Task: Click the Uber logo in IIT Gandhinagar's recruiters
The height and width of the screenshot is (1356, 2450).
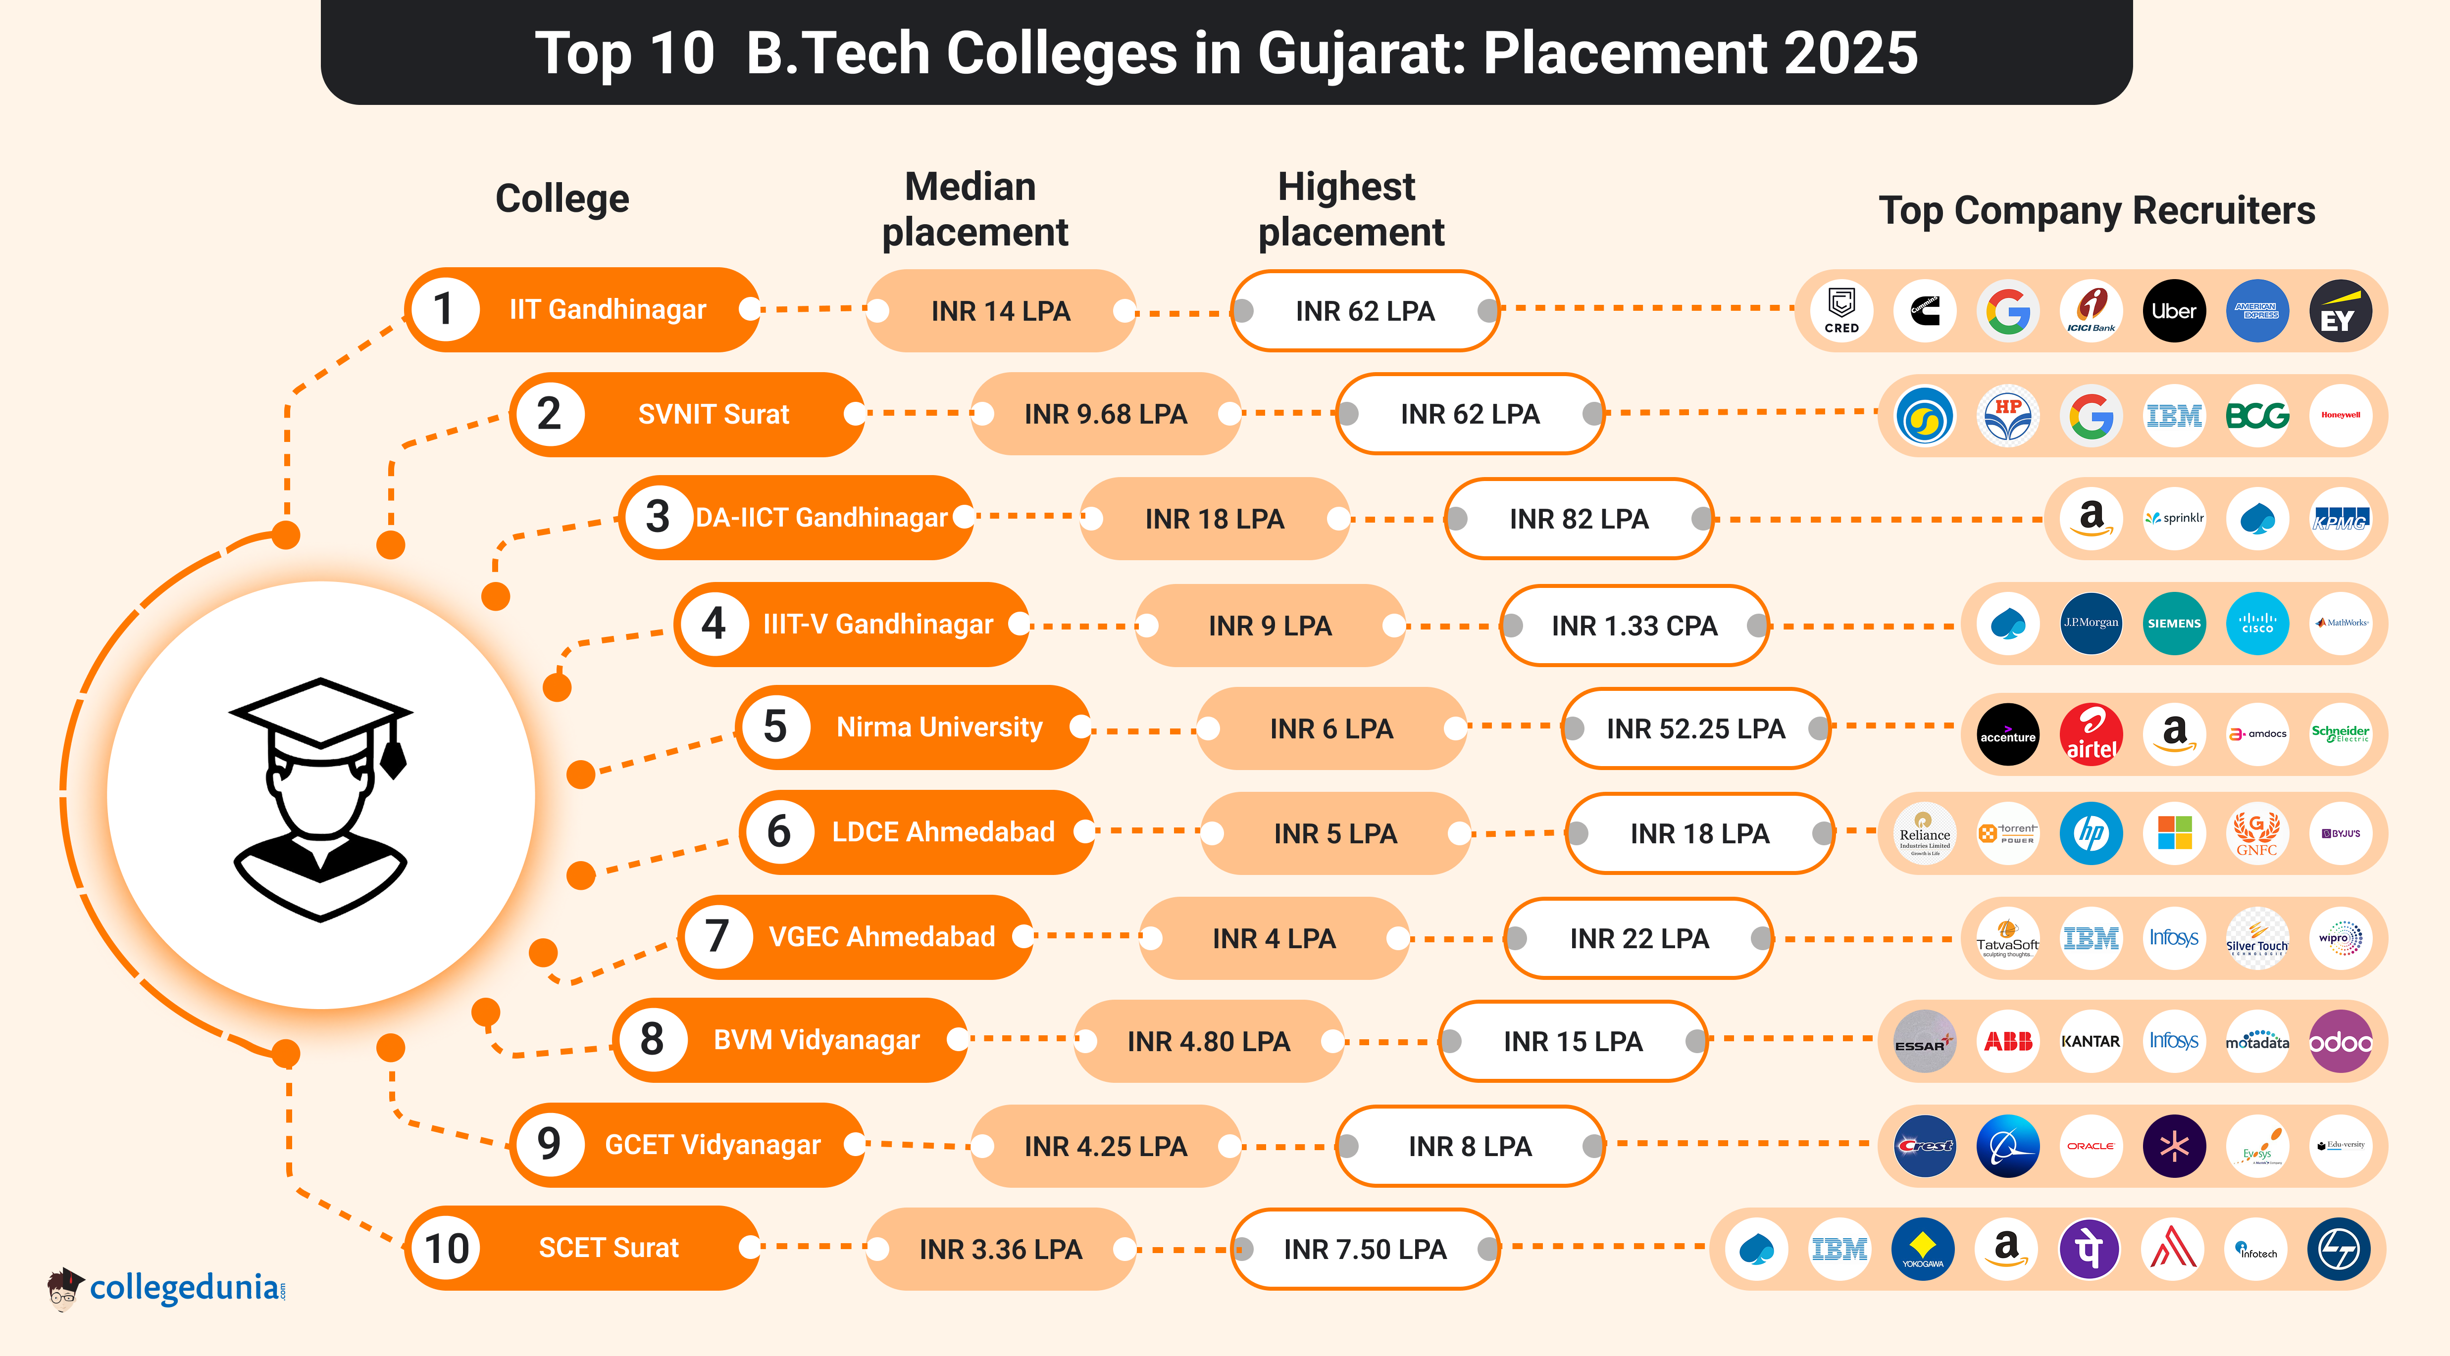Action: click(2173, 311)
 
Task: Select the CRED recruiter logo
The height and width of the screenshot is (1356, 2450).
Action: click(1841, 311)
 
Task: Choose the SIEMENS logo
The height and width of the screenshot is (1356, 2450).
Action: click(2174, 624)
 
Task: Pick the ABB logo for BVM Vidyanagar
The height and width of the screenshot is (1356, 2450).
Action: click(2008, 1041)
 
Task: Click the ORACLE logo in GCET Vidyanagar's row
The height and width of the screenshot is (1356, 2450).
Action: click(2091, 1146)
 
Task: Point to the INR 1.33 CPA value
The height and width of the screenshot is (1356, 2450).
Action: click(1634, 626)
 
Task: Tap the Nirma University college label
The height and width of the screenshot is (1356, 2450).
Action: click(939, 727)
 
